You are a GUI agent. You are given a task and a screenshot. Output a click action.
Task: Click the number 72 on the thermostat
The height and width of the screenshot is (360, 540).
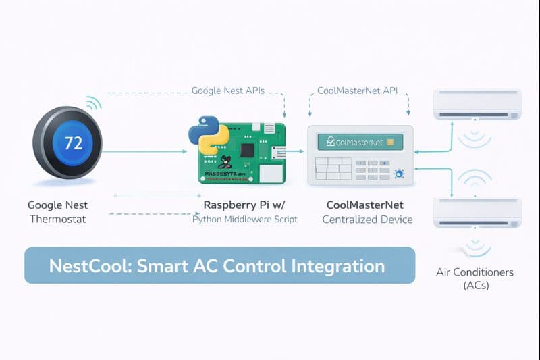point(72,143)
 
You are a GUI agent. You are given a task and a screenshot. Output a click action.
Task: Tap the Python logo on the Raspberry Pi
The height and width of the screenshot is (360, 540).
point(204,135)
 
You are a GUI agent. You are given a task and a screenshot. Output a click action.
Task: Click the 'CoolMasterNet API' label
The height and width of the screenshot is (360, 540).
point(357,90)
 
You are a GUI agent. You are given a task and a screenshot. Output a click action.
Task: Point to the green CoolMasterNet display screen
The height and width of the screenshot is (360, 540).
point(360,142)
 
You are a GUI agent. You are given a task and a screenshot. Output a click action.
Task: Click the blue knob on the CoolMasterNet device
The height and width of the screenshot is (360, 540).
point(398,174)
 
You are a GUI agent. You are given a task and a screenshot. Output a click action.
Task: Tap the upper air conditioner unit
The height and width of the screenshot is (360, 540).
point(477,105)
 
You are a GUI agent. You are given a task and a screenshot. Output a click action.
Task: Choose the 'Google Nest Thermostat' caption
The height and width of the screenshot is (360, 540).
point(57,212)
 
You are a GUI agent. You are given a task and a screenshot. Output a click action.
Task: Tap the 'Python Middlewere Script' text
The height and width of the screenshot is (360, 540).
point(244,220)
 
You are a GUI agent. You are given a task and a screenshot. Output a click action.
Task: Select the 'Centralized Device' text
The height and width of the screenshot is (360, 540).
point(367,220)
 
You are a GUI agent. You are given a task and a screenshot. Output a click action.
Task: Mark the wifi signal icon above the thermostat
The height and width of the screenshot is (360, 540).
point(92,103)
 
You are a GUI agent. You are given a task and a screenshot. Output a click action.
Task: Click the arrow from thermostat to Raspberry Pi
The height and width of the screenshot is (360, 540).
point(145,151)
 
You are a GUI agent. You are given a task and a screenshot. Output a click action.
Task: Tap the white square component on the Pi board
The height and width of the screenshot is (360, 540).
point(271,173)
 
